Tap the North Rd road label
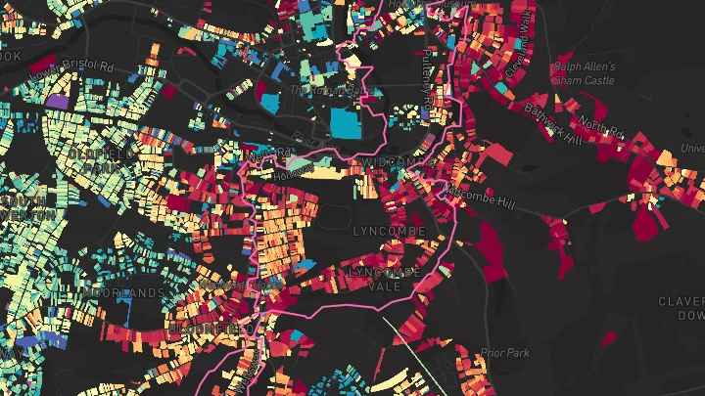[x=598, y=125]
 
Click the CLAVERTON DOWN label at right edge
[x=682, y=308]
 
